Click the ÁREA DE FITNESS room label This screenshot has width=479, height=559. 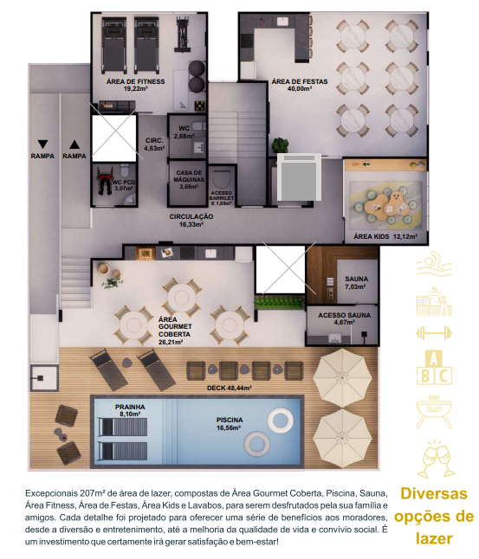pos(135,85)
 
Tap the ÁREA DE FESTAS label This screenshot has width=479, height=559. pos(300,85)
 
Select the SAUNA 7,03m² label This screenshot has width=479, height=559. pos(356,282)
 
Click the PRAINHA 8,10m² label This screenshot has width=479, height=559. pos(130,410)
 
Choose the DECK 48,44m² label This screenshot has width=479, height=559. pos(230,388)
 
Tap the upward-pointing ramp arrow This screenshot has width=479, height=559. pos(74,145)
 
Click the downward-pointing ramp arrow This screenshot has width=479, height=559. pos(42,145)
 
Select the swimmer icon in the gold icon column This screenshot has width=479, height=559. pos(434,264)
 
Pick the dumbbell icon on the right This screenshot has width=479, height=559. pos(434,333)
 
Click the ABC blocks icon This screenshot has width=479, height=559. pos(434,367)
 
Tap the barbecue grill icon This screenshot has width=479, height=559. pos(434,412)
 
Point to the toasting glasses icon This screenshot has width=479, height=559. pos(435,459)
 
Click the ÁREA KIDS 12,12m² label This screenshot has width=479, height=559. pos(385,236)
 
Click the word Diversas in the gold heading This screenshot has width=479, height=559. pos(434,494)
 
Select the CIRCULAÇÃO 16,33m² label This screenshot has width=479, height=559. pos(191,221)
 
